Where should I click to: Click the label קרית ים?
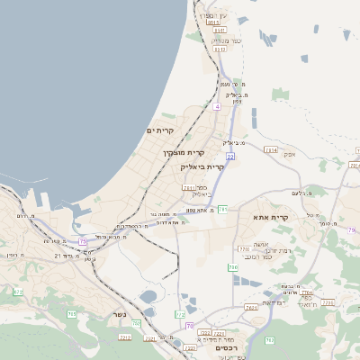click(x=158, y=130)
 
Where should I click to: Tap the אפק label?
click(x=290, y=154)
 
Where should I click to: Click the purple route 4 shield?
click(x=217, y=106)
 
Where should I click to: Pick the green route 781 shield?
click(x=222, y=209)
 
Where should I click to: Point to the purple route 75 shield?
click(x=84, y=241)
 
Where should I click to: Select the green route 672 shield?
click(x=17, y=292)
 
